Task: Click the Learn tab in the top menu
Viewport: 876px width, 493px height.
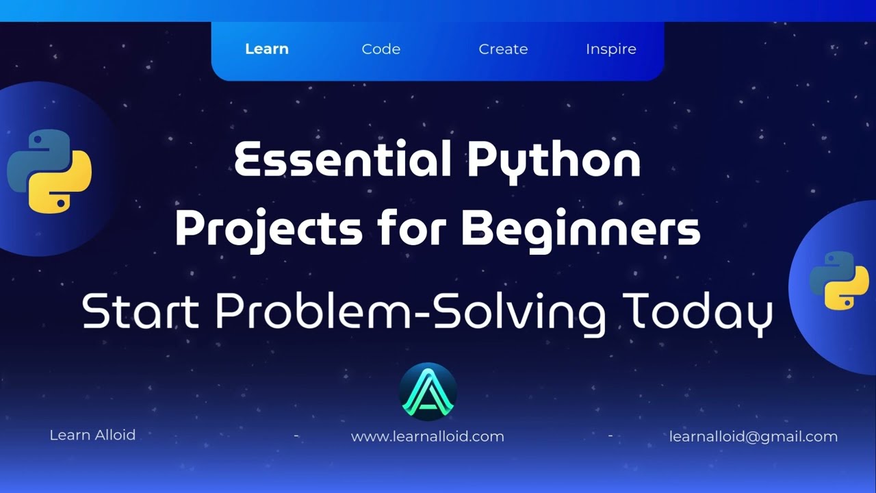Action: pyautogui.click(x=267, y=49)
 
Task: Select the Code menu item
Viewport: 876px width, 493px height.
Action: pyautogui.click(x=381, y=49)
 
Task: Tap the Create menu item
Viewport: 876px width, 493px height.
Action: pyautogui.click(x=503, y=49)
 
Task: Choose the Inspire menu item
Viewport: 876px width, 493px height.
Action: pyautogui.click(x=611, y=49)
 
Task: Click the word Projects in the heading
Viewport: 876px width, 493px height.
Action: pyautogui.click(x=268, y=229)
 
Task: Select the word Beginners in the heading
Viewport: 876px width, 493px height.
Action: pyautogui.click(x=581, y=229)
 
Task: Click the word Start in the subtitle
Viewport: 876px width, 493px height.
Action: pyautogui.click(x=140, y=312)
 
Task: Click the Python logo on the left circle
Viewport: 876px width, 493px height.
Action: pyautogui.click(x=49, y=170)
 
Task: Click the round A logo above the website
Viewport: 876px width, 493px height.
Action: pyautogui.click(x=428, y=392)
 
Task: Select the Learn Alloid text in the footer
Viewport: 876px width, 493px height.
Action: pyautogui.click(x=92, y=435)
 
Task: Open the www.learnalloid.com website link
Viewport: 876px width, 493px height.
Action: pyautogui.click(x=427, y=437)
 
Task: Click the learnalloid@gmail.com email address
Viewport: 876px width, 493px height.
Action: pyautogui.click(x=753, y=437)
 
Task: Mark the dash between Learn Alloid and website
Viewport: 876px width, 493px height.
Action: pyautogui.click(x=296, y=435)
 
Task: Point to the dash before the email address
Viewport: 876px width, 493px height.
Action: pyautogui.click(x=610, y=435)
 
